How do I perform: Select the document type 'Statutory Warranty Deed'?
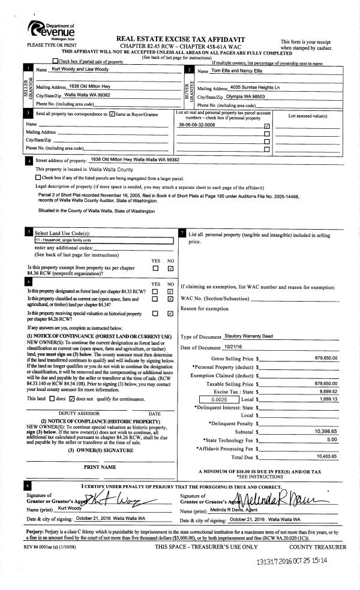[x=244, y=336]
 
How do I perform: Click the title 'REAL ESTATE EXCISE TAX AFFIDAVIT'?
[x=190, y=37]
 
